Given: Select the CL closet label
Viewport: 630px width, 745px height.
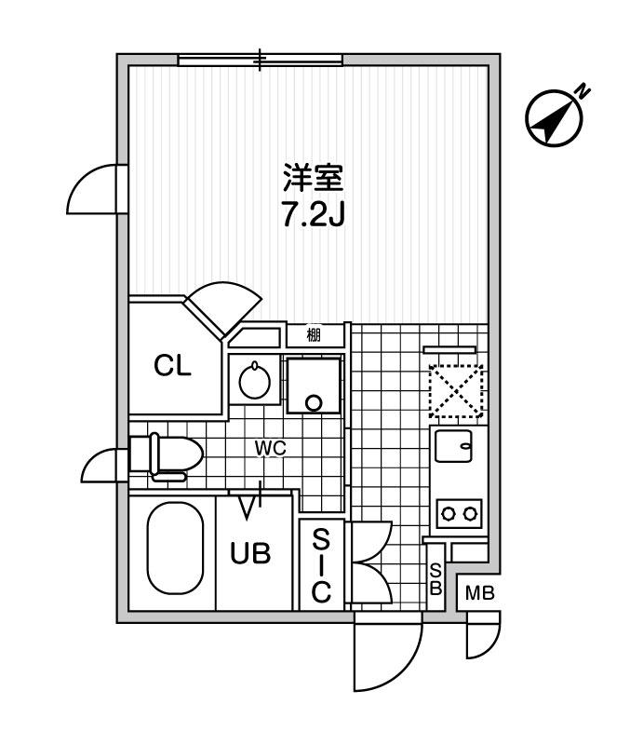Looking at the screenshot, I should tap(173, 366).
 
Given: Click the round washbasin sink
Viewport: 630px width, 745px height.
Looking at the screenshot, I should tap(252, 381).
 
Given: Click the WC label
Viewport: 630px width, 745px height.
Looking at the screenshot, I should tap(270, 449).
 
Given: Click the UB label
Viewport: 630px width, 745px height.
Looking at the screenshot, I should tap(251, 554).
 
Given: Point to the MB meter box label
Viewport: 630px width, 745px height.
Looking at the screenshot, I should tap(479, 593).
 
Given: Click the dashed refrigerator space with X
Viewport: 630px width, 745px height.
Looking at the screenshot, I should tap(456, 388).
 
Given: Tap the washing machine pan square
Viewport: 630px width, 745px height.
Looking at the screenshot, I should tap(314, 386).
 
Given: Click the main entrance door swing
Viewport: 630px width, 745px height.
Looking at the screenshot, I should tap(386, 657).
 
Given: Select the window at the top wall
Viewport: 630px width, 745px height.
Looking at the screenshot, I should tap(261, 60).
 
